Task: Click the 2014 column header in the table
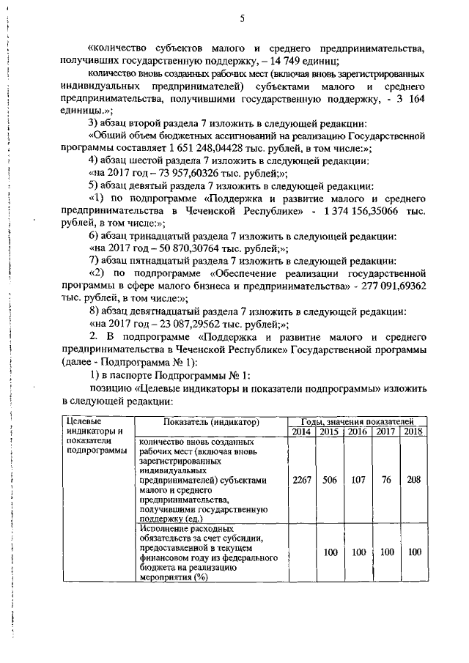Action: (x=302, y=432)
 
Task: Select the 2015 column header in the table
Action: (x=330, y=432)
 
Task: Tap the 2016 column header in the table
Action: (x=358, y=432)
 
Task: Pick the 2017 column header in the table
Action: (x=386, y=432)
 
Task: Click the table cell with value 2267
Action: (x=302, y=480)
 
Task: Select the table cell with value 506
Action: (x=330, y=480)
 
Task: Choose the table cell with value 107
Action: (x=358, y=480)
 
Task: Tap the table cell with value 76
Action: (x=386, y=480)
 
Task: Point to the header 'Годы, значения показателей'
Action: (x=358, y=422)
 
